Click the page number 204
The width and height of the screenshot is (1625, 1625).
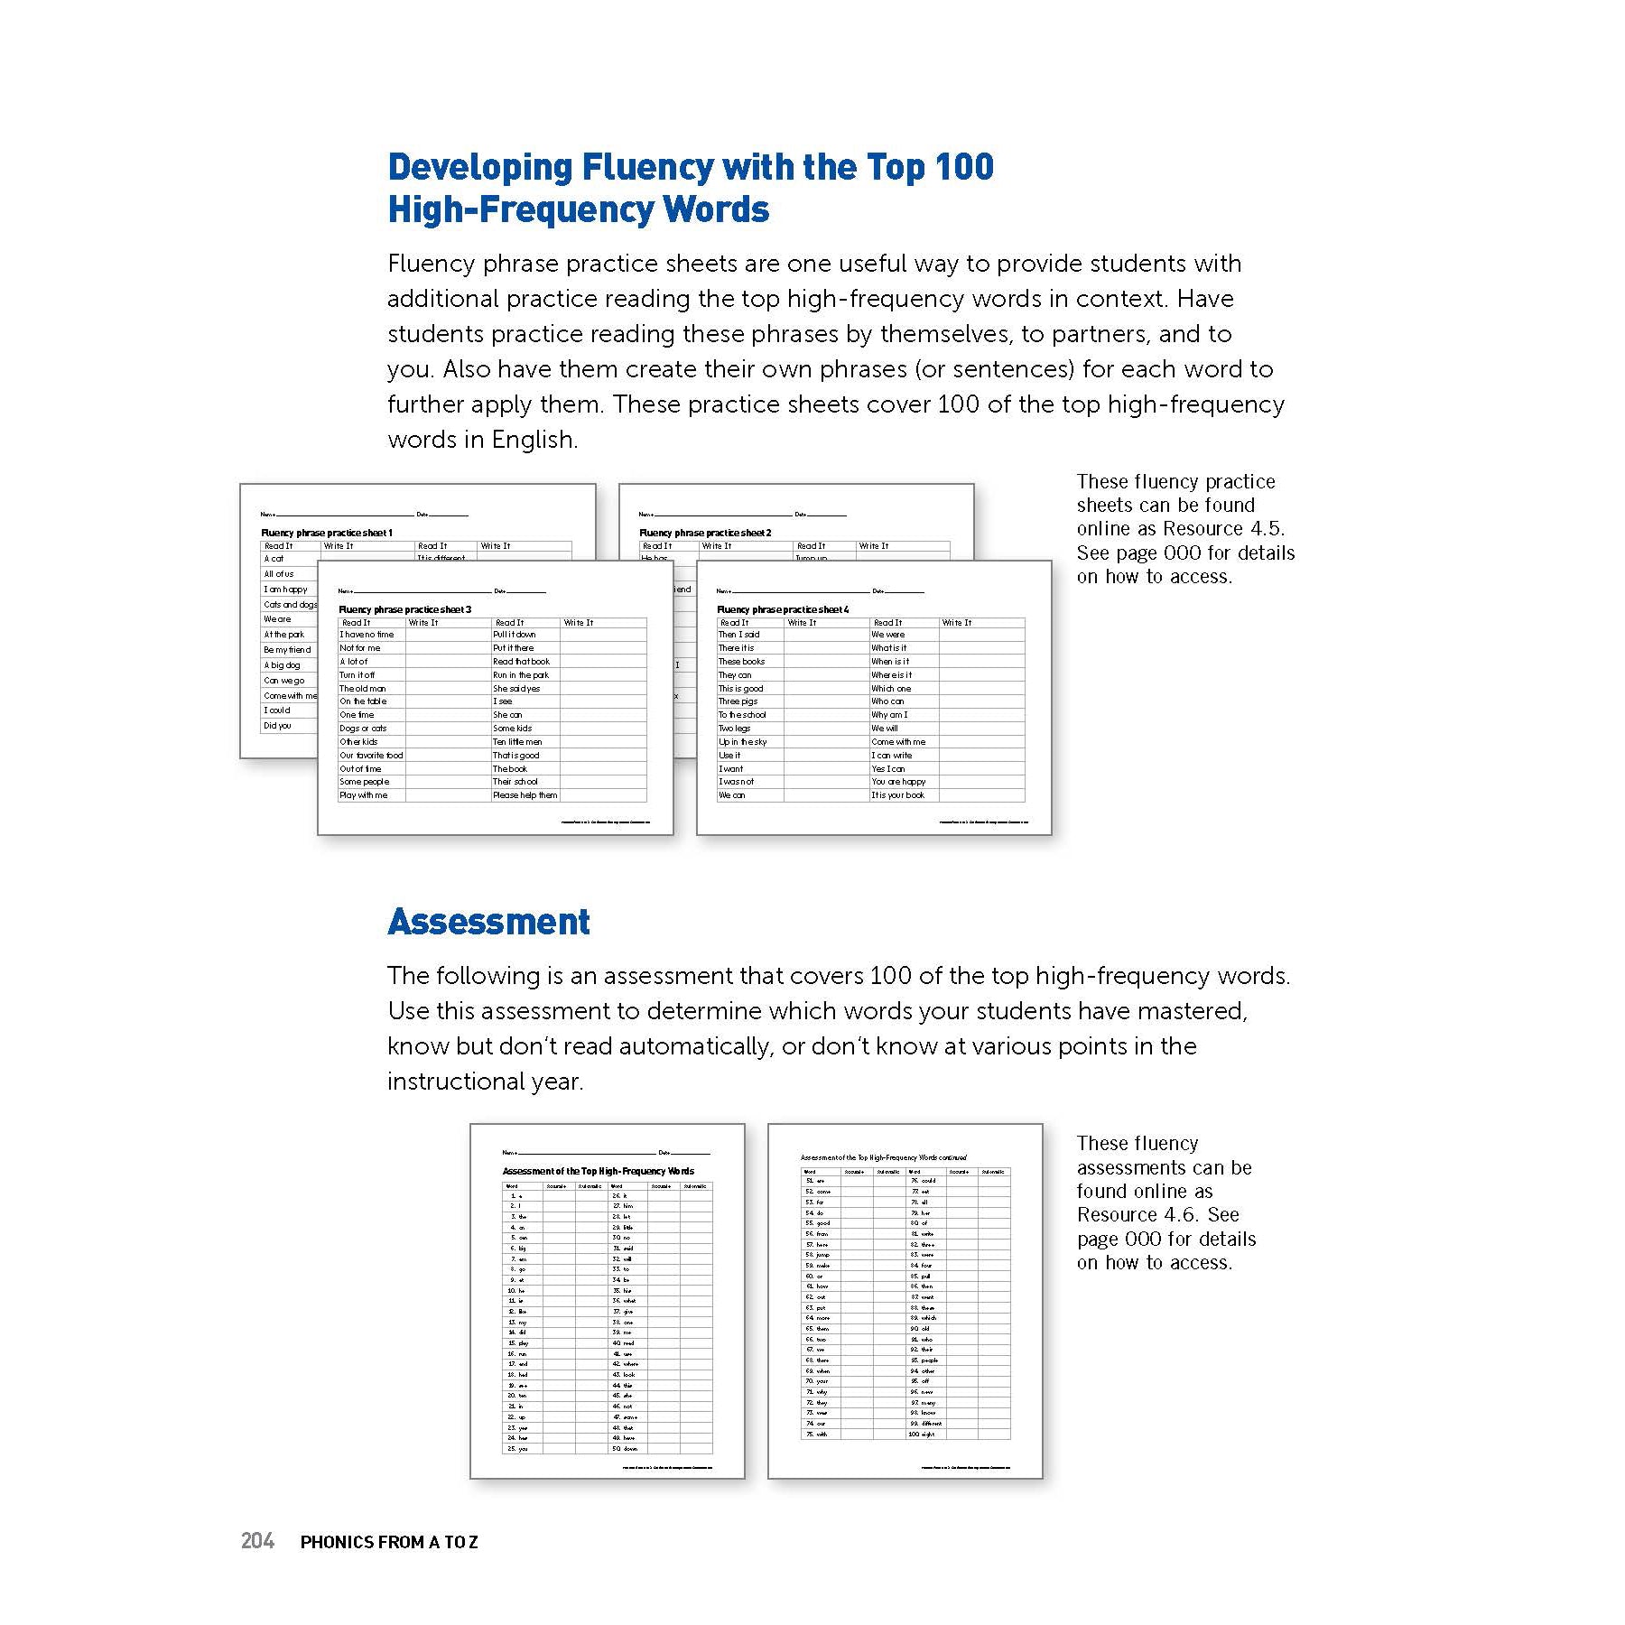257,1541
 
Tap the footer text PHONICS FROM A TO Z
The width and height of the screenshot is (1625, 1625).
389,1542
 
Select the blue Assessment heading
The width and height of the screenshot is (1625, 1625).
488,922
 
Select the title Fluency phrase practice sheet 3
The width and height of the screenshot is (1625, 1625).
404,609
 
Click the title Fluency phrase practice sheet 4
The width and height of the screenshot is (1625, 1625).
783,609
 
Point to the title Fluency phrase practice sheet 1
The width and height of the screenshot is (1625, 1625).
327,533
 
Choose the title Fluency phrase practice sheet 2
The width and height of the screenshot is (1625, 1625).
705,533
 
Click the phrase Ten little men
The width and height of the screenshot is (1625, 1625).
517,741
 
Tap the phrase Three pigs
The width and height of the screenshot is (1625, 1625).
738,701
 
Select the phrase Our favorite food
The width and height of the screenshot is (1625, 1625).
371,755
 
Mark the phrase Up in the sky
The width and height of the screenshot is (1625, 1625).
742,741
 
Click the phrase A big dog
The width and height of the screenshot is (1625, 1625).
282,665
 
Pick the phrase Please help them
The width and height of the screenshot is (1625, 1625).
525,795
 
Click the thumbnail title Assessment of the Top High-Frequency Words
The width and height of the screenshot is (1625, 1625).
599,1171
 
